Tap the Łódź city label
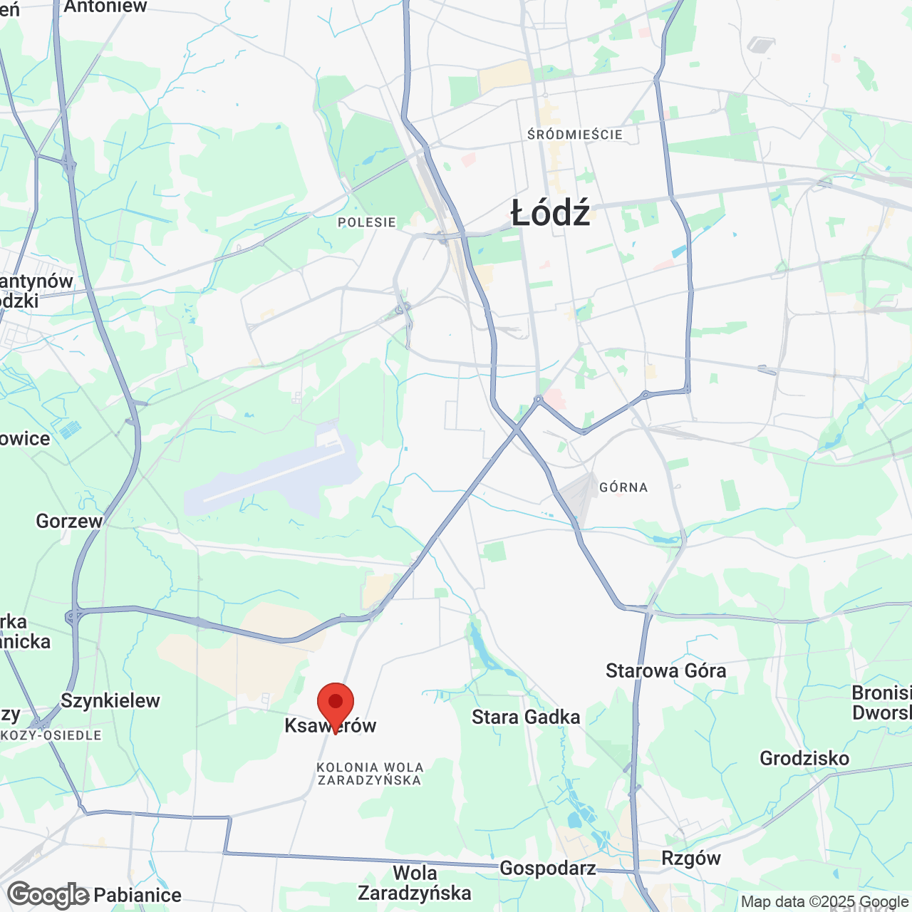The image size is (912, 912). (x=551, y=213)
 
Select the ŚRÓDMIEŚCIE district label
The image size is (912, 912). (x=575, y=135)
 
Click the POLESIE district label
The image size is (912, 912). (x=367, y=222)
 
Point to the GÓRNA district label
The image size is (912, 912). (x=623, y=487)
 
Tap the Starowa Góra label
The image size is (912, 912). (x=665, y=670)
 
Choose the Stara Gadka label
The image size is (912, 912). (x=526, y=717)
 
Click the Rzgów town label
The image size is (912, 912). (x=691, y=858)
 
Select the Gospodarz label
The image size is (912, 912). (x=547, y=868)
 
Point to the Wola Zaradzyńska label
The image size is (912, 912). (x=415, y=883)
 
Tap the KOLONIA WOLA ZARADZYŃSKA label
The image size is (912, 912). (x=370, y=774)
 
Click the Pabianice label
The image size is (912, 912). (x=138, y=895)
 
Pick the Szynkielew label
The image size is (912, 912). (x=110, y=700)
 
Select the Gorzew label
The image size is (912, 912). (x=69, y=521)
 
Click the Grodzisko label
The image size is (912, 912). (x=804, y=758)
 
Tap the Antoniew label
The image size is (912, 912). (x=105, y=7)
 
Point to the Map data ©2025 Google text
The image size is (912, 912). (x=824, y=902)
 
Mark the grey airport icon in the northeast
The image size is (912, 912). (x=760, y=46)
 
